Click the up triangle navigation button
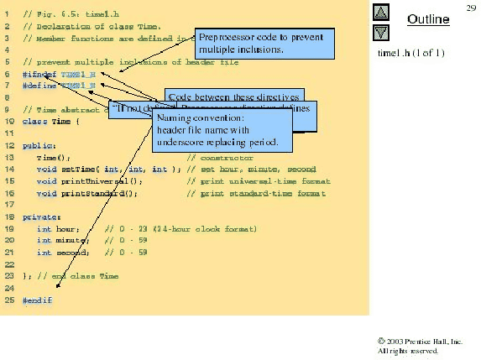tap(381, 13)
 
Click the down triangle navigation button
tap(381, 33)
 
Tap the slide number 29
tap(471, 7)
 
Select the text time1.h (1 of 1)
tap(411, 54)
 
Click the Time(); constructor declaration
tap(48, 157)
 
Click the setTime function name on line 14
tap(76, 169)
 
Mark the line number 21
tap(8, 252)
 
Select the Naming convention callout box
tap(222, 131)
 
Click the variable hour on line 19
tap(67, 228)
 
